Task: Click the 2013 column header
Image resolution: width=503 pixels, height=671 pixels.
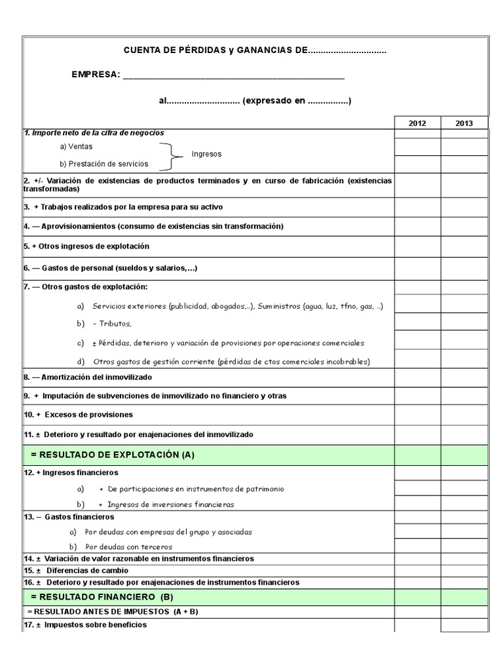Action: (464, 123)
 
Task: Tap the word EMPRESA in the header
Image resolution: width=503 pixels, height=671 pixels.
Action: (96, 75)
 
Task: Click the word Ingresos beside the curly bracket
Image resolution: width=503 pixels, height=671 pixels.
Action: (206, 154)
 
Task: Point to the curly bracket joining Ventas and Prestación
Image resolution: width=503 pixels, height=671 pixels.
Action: (173, 155)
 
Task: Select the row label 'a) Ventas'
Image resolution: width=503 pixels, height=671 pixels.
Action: (76, 146)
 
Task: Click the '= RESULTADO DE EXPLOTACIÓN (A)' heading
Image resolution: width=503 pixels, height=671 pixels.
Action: (113, 454)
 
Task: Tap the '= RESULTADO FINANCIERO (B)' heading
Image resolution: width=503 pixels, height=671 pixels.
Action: (102, 596)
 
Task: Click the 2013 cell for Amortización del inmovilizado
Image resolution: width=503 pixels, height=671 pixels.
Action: (464, 377)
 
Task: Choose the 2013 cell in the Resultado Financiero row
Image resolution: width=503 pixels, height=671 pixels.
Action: (464, 596)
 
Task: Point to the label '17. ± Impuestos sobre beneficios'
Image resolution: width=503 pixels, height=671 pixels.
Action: (85, 624)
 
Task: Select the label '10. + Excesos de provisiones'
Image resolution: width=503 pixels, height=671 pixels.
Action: (78, 414)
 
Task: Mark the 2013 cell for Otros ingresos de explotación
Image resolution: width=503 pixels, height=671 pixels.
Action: (464, 246)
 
